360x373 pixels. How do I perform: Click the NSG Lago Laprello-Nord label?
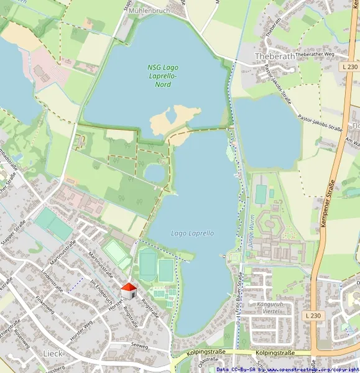tap(162, 75)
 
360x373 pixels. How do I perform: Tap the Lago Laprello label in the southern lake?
tap(192, 233)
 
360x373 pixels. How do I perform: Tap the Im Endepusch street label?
tap(101, 291)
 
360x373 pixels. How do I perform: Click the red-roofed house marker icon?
tap(129, 290)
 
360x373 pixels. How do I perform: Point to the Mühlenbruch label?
tap(165, 11)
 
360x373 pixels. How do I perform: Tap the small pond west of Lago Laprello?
tap(154, 172)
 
